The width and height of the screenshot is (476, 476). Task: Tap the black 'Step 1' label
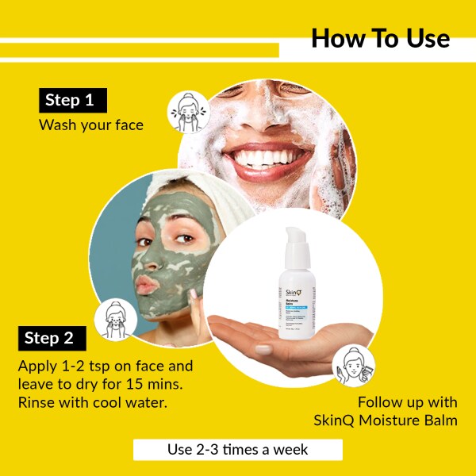tap(72, 100)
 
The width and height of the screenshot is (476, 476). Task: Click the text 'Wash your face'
tap(91, 125)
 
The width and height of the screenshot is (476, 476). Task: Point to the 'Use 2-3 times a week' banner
tap(237, 450)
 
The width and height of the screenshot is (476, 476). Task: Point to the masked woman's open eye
tap(183, 240)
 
